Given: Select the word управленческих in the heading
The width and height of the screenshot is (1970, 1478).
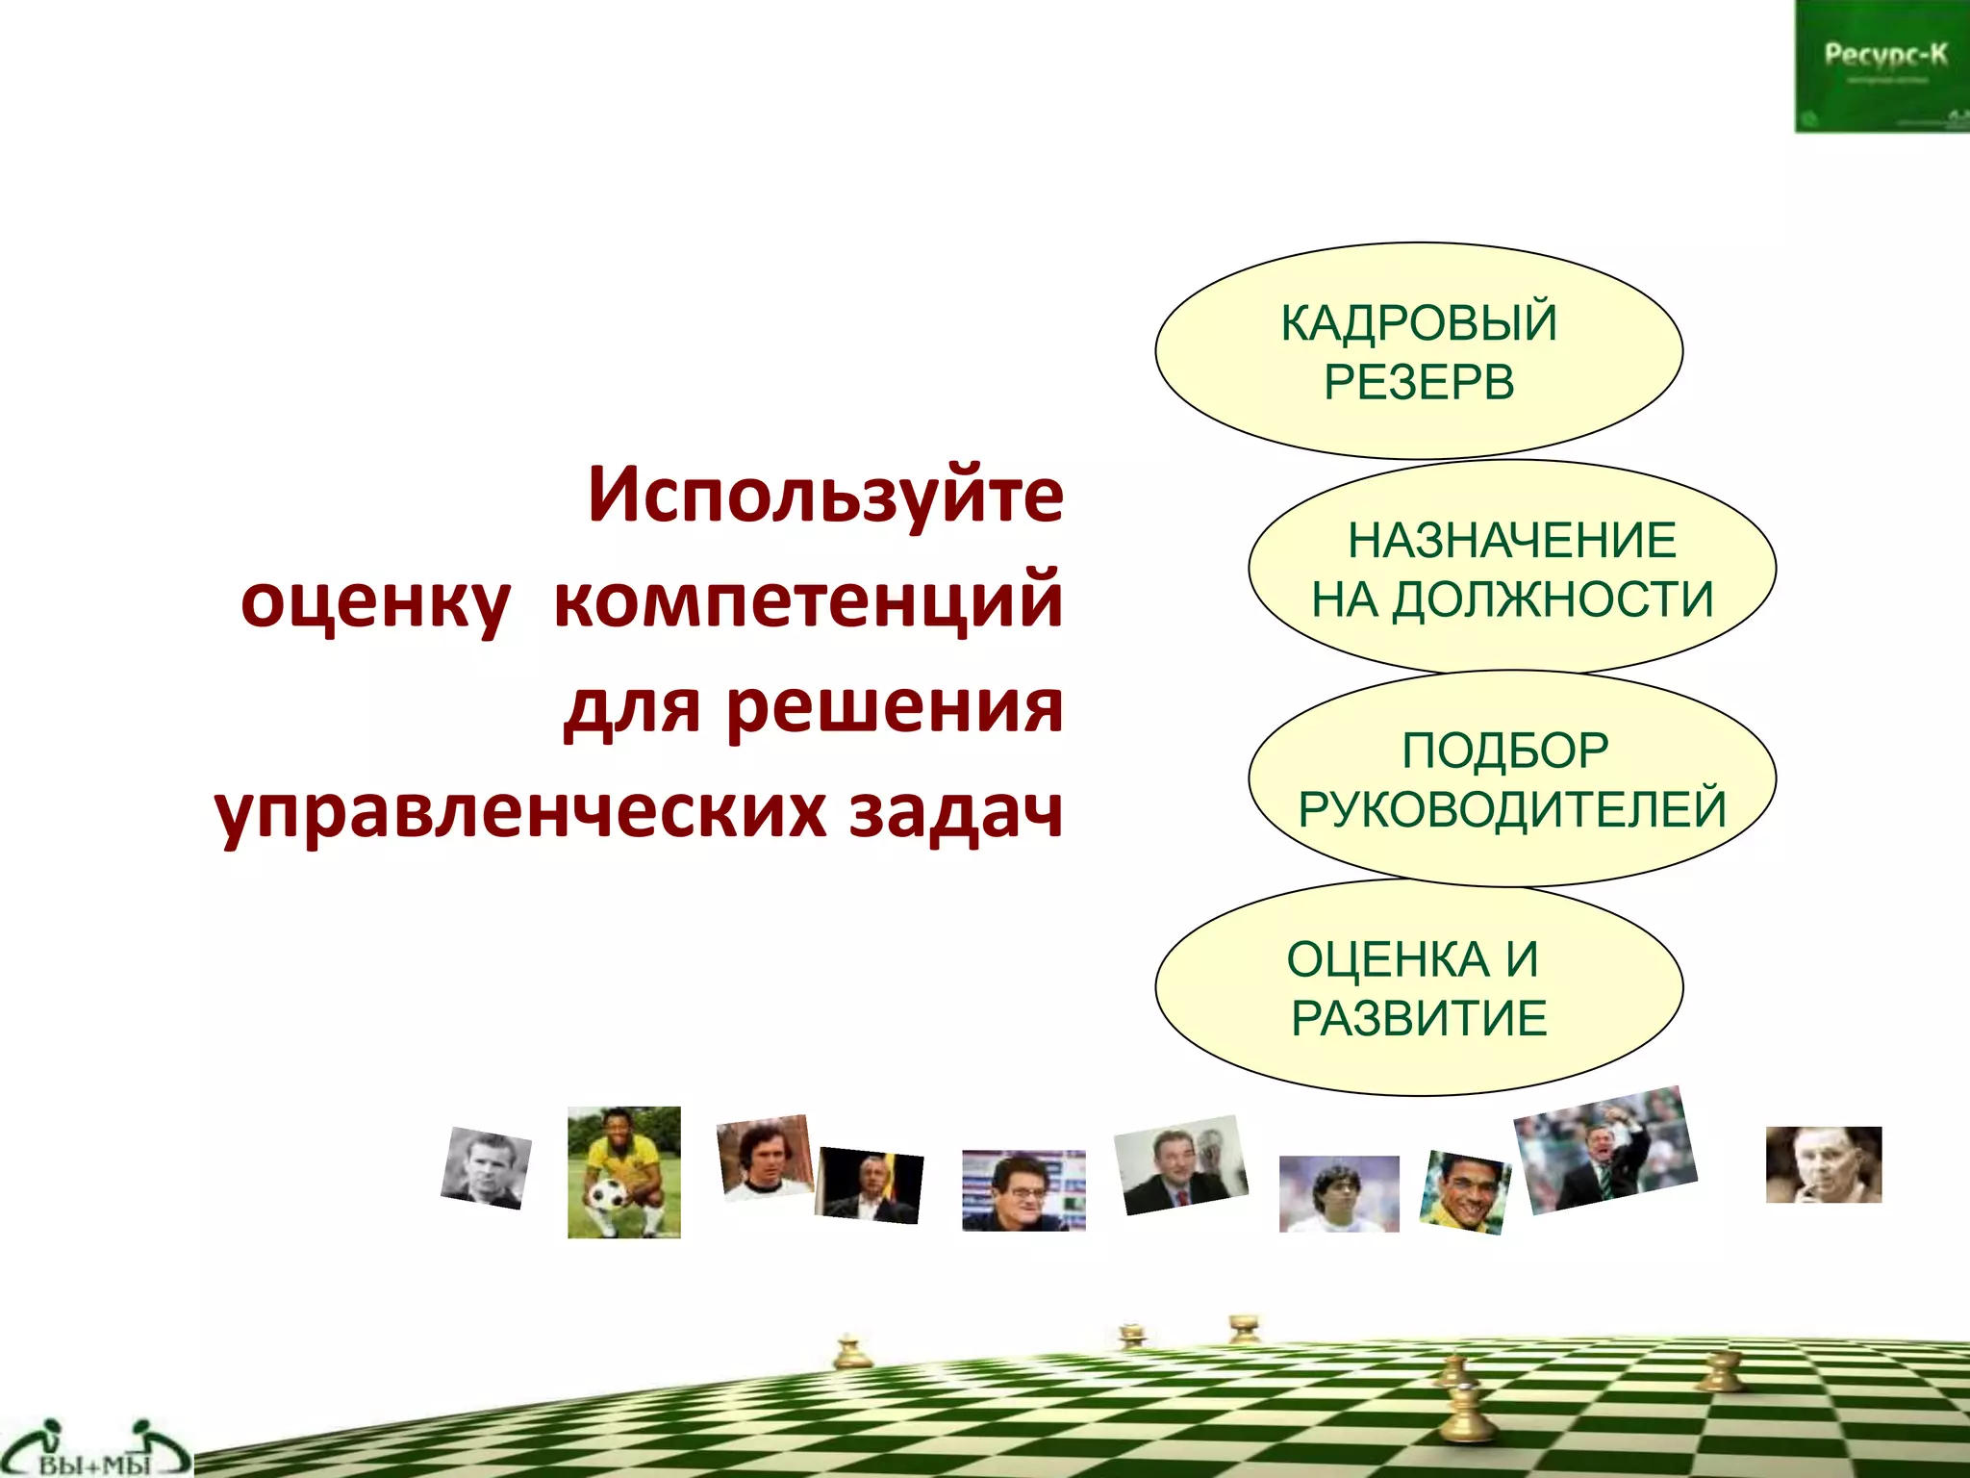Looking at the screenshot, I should click(519, 811).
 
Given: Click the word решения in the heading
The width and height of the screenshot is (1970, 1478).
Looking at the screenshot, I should click(895, 706).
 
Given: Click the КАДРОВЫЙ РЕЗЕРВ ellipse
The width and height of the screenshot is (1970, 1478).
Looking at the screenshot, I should click(1418, 350).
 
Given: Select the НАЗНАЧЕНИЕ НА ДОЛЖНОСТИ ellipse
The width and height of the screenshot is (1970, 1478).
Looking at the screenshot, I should click(1511, 568).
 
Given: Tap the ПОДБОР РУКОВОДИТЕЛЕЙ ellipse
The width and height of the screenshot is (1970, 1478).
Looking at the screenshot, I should click(1511, 777).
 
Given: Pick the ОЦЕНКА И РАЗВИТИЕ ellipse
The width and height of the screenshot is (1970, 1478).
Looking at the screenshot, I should click(1418, 987).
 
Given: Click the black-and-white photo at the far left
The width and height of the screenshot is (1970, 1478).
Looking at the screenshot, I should click(486, 1167).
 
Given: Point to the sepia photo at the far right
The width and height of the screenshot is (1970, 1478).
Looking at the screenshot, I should click(1823, 1164).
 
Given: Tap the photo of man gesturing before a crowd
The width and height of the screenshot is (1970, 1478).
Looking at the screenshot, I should click(1604, 1150).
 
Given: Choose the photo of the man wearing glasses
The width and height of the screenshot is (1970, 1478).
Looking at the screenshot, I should click(1023, 1190).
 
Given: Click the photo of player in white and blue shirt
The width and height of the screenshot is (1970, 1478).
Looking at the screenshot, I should click(1338, 1193).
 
